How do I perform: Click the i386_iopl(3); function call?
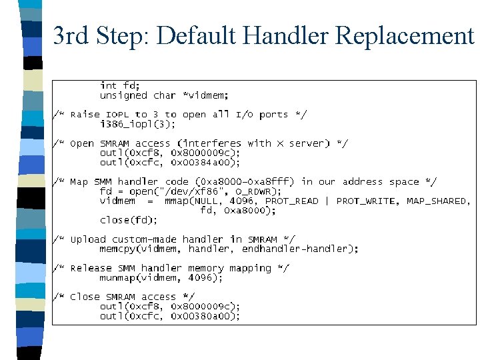138,124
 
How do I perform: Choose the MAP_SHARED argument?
437,201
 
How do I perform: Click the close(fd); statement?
129,220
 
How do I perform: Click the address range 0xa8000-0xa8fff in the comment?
245,181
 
